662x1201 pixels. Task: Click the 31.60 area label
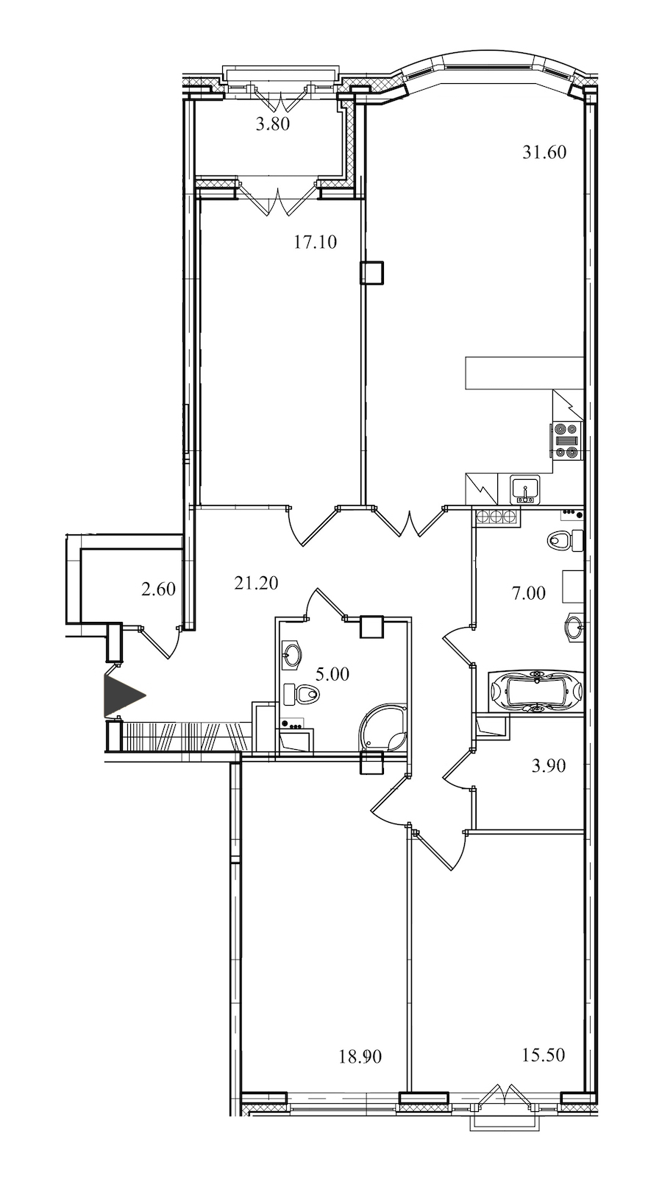[x=544, y=152]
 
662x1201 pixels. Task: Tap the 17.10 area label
[x=316, y=242]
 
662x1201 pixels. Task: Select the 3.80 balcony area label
[x=273, y=124]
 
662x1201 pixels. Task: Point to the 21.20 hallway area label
[x=256, y=582]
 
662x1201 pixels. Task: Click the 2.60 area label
[x=158, y=589]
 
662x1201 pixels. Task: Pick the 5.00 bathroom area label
[x=332, y=674]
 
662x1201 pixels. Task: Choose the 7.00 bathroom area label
[x=529, y=593]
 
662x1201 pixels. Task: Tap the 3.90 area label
[x=549, y=765]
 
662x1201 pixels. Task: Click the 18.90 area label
[x=360, y=1057]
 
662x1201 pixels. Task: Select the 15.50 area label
[x=544, y=1055]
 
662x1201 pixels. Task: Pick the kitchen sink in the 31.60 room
[x=526, y=489]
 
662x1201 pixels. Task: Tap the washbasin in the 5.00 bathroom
[x=293, y=654]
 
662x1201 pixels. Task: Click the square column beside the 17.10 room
[x=371, y=272]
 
